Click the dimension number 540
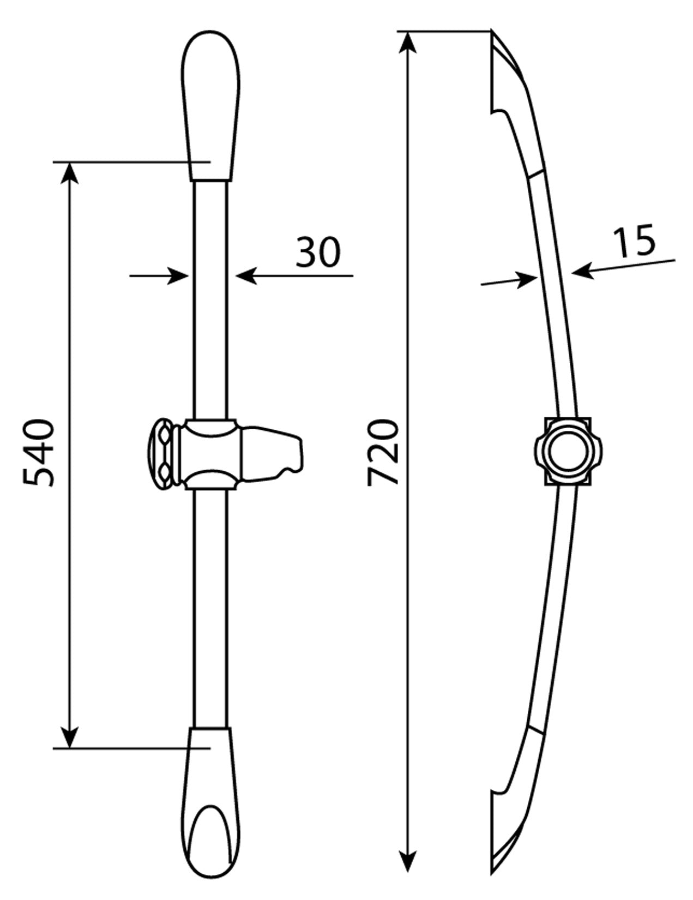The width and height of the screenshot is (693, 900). pos(38,453)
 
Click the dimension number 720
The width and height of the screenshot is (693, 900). pos(383,452)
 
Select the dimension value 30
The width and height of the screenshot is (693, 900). pos(318,251)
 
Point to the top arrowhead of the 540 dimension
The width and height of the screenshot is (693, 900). pos(70,173)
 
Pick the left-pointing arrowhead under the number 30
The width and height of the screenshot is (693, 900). pos(246,275)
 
